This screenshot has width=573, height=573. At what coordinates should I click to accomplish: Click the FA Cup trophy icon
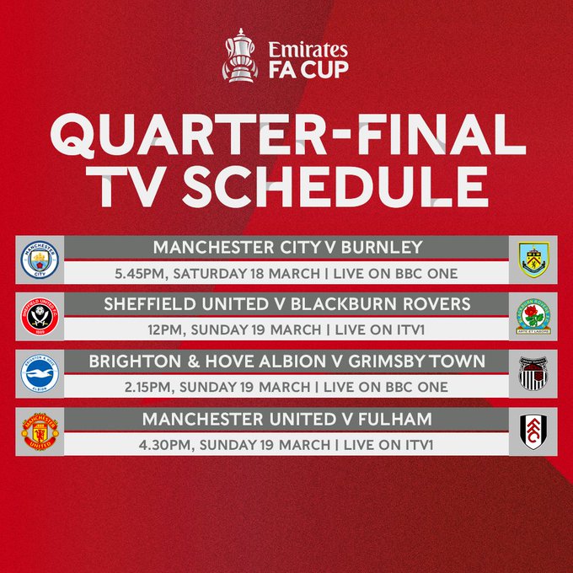[x=239, y=56]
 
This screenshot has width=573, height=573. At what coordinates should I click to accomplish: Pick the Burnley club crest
[x=535, y=261]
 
